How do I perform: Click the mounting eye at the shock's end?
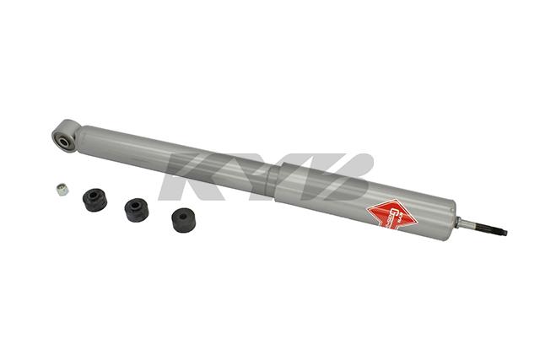tap(66, 135)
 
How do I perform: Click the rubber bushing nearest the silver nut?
tap(94, 200)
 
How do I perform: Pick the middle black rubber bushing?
tap(136, 209)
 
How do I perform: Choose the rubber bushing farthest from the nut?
tap(184, 220)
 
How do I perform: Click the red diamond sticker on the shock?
tap(391, 213)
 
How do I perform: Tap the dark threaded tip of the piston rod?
tap(494, 228)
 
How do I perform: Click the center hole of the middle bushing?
tap(135, 205)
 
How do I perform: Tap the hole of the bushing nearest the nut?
tap(94, 196)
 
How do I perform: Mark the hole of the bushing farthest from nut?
tap(183, 216)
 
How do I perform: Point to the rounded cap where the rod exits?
tap(451, 218)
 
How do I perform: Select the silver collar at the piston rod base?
tap(462, 223)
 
